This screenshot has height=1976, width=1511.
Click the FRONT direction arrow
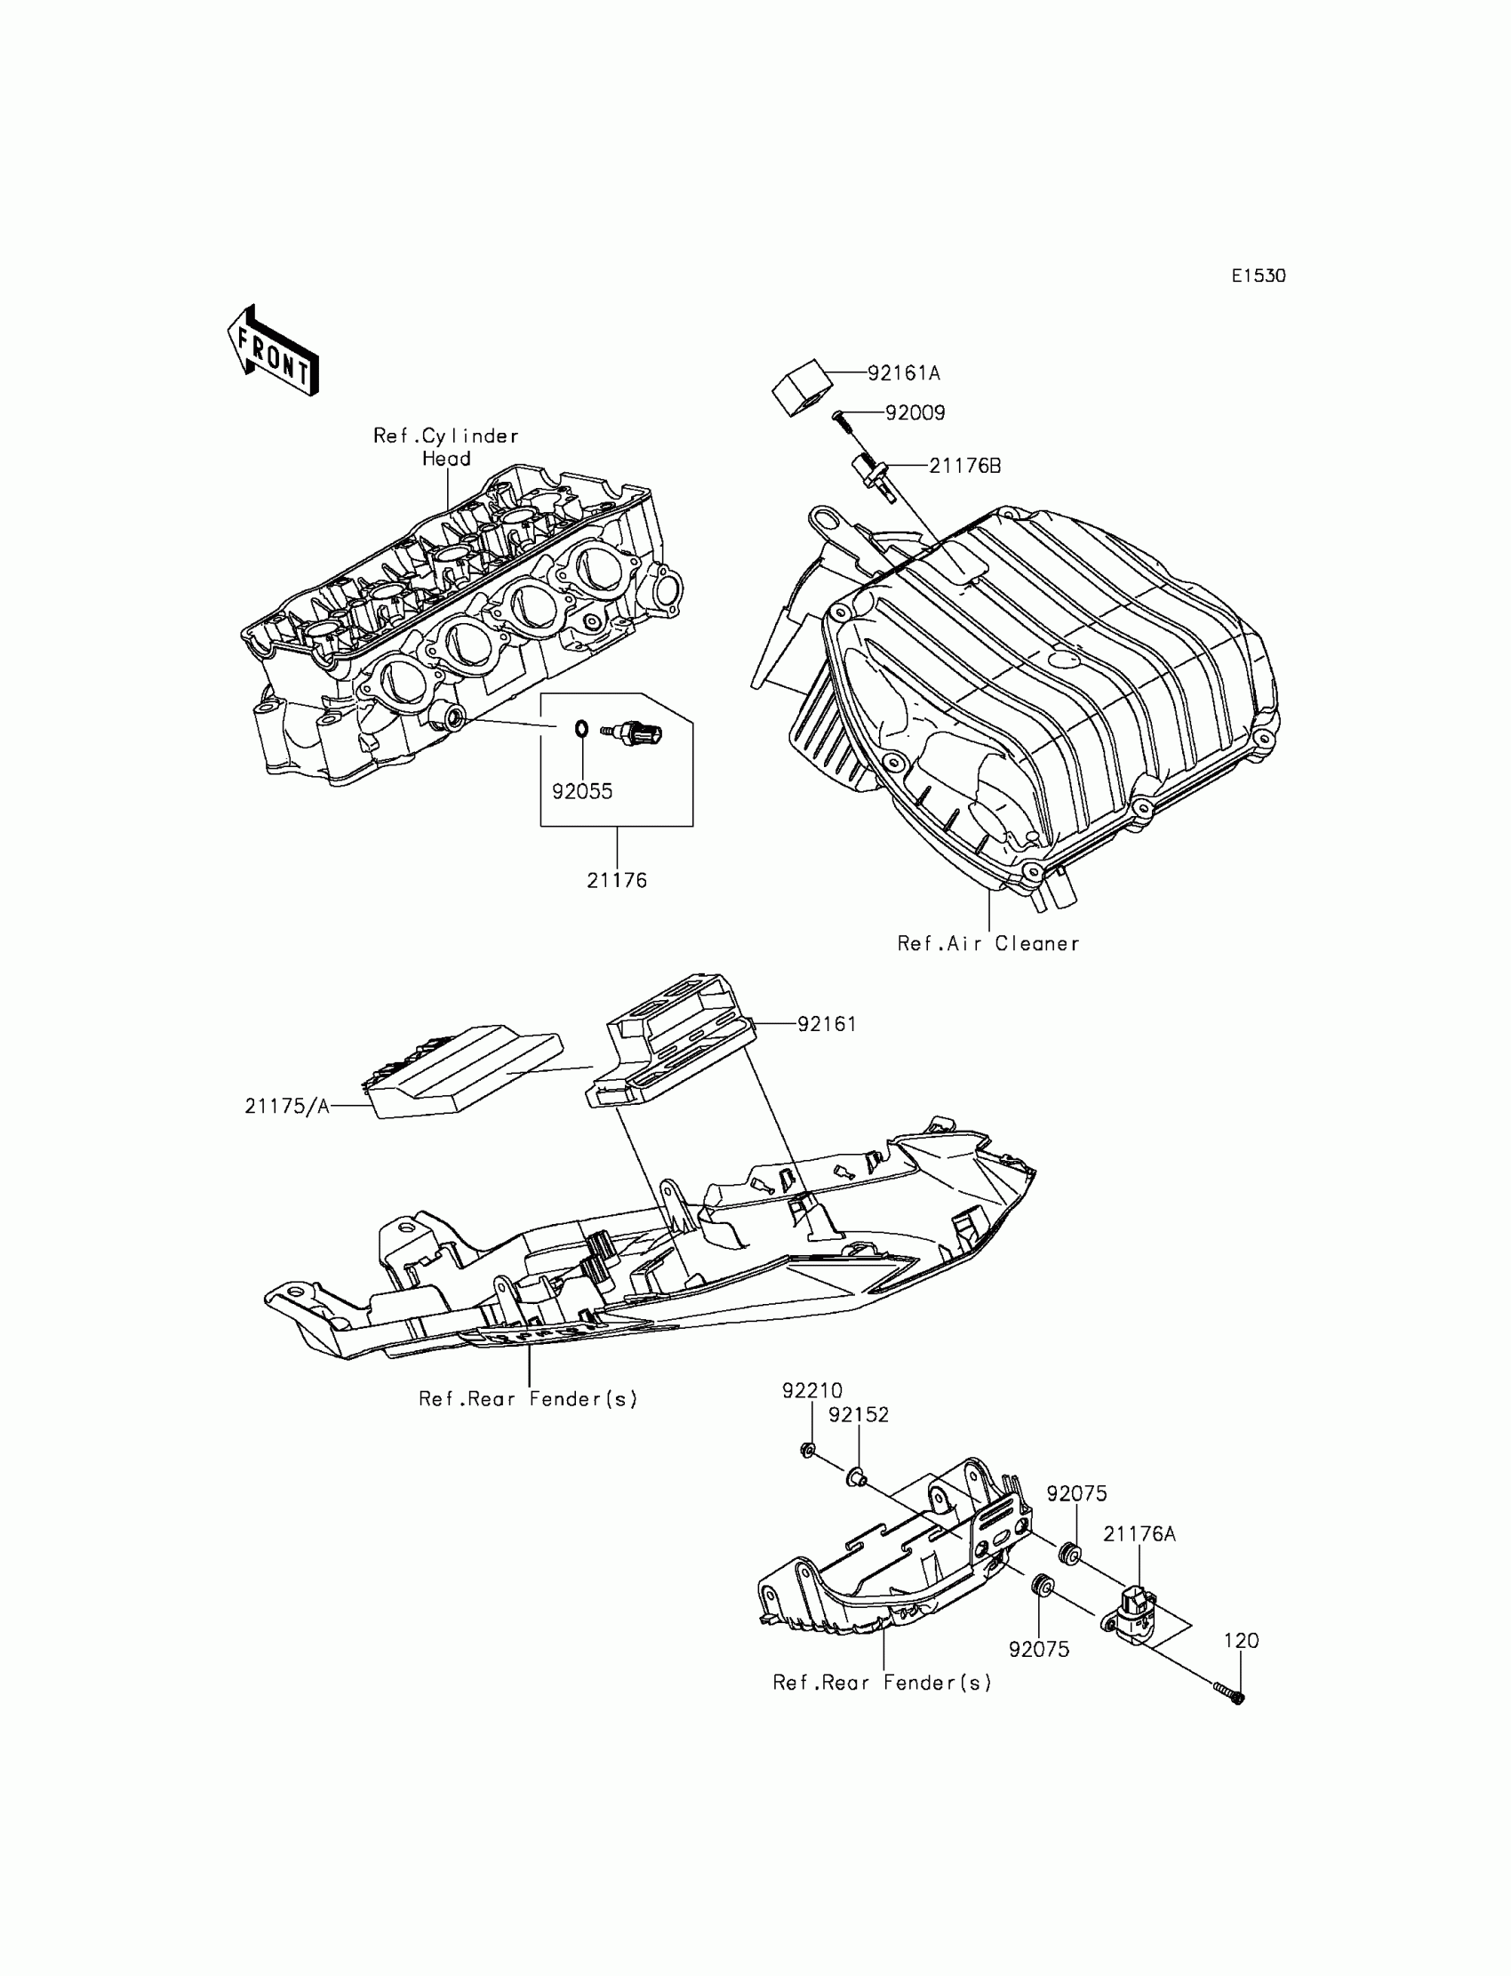[x=273, y=351]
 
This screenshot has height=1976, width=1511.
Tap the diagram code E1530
[x=1258, y=276]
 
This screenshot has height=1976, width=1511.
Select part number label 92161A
[x=903, y=372]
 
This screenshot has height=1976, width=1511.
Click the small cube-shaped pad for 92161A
[x=803, y=388]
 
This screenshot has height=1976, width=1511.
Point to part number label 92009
[x=915, y=412]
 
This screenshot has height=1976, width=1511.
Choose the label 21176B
[x=964, y=466]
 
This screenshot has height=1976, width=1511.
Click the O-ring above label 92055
[x=581, y=728]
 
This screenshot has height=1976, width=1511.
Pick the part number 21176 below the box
[x=616, y=881]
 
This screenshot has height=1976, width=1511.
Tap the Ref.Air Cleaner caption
[x=987, y=943]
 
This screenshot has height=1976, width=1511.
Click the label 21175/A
[x=287, y=1107]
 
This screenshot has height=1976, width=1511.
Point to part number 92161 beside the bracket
[x=827, y=1023]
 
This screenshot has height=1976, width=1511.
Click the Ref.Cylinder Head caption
[x=446, y=447]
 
